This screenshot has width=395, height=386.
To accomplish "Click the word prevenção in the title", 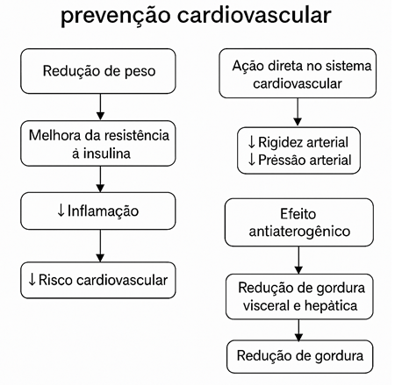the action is (x=116, y=16).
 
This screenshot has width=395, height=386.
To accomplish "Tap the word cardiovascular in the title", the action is (x=255, y=14).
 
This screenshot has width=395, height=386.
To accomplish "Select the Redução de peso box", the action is (x=98, y=71).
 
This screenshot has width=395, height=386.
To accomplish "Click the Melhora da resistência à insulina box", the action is (x=98, y=143).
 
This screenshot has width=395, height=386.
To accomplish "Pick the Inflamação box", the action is (x=98, y=211).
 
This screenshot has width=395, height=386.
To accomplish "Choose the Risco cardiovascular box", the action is (x=98, y=280).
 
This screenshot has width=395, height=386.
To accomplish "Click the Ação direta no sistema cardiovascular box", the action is (x=298, y=74).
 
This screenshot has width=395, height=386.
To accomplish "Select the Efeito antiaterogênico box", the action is (x=299, y=222).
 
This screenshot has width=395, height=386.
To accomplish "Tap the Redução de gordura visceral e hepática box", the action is (x=299, y=297).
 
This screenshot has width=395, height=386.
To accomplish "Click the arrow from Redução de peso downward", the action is (x=100, y=107).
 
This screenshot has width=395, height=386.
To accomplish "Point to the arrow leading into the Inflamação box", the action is (x=100, y=179).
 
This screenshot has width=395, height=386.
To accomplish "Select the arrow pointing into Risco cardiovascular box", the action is (x=100, y=246).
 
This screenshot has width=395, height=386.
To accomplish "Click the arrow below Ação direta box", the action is (x=298, y=112).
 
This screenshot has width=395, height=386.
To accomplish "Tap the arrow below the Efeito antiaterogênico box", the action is (x=298, y=260).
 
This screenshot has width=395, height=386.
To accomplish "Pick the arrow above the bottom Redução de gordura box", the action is (x=298, y=330).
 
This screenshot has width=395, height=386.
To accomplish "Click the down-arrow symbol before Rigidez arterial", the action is (x=251, y=142).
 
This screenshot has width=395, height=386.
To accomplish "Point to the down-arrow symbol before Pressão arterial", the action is (x=251, y=160).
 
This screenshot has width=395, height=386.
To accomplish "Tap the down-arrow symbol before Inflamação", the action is (x=61, y=211).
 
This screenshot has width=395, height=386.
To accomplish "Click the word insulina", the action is (x=106, y=154).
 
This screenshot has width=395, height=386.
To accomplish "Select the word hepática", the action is (x=331, y=305).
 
